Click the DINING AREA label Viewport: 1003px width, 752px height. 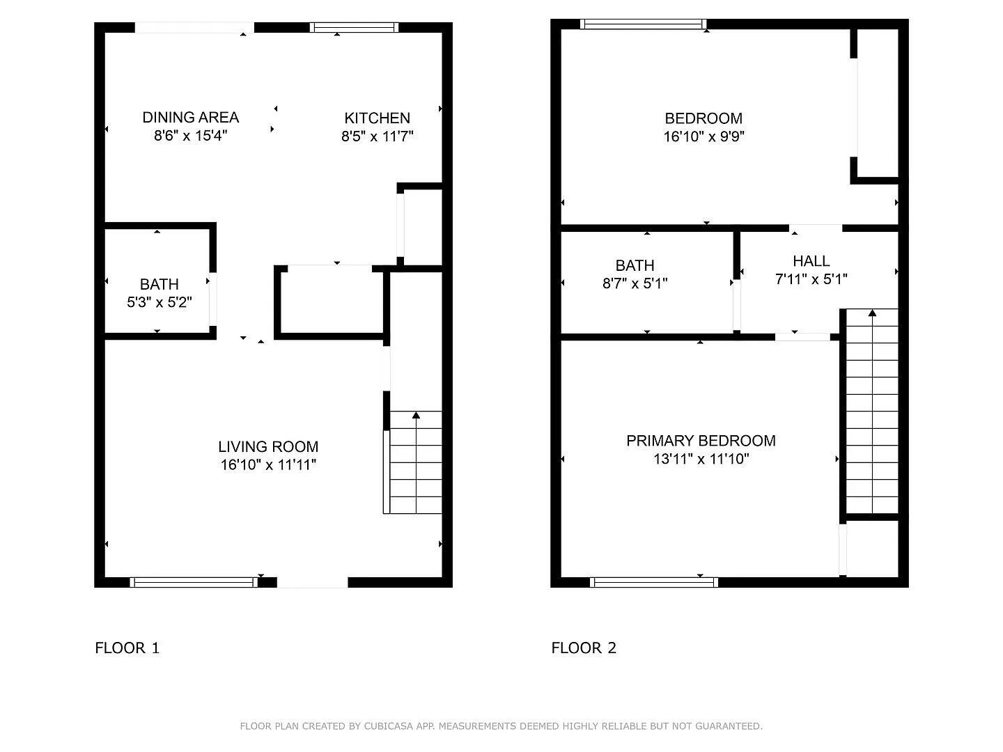pyautogui.click(x=190, y=117)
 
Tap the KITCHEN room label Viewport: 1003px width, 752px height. pyautogui.click(x=377, y=118)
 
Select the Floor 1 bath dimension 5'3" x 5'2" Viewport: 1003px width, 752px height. pyautogui.click(x=159, y=302)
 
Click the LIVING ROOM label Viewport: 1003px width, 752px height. pyautogui.click(x=268, y=446)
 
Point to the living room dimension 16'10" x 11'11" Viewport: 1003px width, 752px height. pyautogui.click(x=268, y=464)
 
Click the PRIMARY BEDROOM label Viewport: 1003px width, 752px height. pyautogui.click(x=701, y=440)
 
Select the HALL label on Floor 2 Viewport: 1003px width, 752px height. pyautogui.click(x=811, y=260)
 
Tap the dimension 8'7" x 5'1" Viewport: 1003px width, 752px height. pyautogui.click(x=635, y=283)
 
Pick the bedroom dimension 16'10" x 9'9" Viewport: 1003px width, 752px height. pyautogui.click(x=703, y=136)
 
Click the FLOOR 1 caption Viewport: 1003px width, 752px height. pyautogui.click(x=127, y=648)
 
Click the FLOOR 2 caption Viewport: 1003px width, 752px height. pyautogui.click(x=584, y=648)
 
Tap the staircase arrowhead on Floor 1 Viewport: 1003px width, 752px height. pyautogui.click(x=416, y=416)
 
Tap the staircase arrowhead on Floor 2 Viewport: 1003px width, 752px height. pyautogui.click(x=872, y=313)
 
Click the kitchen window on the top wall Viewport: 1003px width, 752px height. pyautogui.click(x=355, y=28)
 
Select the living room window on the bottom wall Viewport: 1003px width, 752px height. pyautogui.click(x=194, y=582)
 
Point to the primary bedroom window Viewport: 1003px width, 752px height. pyautogui.click(x=653, y=582)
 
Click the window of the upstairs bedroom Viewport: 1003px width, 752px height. pyautogui.click(x=643, y=24)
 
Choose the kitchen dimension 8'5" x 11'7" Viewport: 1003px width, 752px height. pyautogui.click(x=377, y=136)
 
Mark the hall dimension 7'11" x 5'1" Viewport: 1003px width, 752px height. pyautogui.click(x=811, y=279)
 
